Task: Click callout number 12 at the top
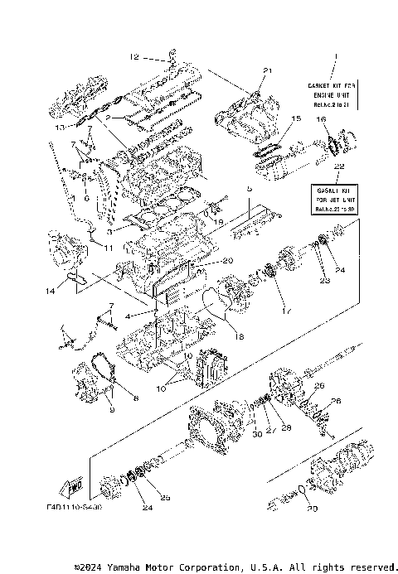point(134,57)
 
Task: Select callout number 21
point(267,70)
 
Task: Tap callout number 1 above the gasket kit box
point(336,57)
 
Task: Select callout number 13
point(60,128)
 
